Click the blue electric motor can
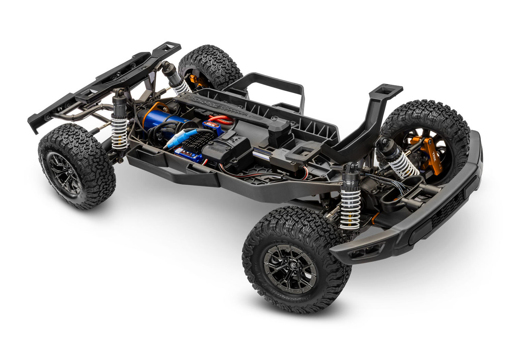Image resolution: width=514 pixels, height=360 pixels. click(x=165, y=119)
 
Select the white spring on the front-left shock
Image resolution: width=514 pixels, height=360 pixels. click(x=351, y=209)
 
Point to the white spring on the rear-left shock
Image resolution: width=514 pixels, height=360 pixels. click(x=119, y=133)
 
